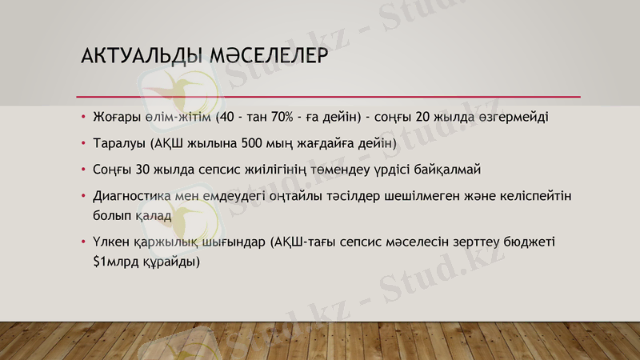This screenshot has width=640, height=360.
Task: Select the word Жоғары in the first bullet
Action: coord(118,117)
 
